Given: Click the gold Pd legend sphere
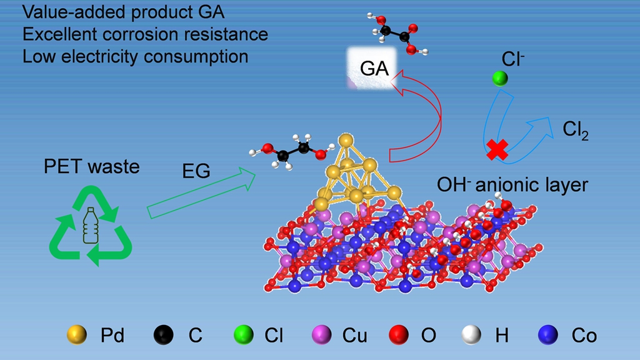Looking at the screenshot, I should point(77,336).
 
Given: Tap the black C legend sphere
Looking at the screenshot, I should point(164,336).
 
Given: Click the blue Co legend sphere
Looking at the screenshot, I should point(547,336).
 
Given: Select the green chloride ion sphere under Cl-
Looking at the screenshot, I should point(499,79).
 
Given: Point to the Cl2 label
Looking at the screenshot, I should point(575,130).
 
